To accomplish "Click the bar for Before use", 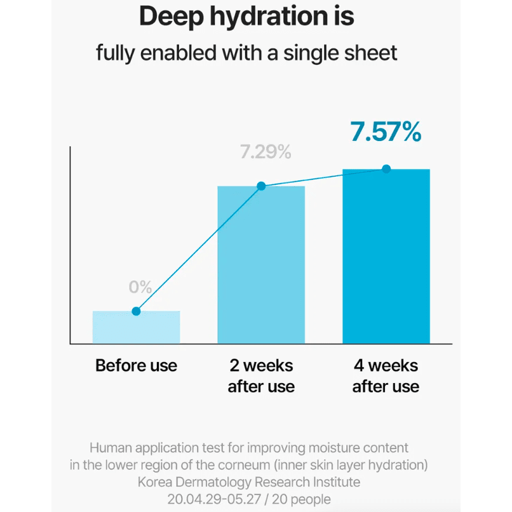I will pyautogui.click(x=136, y=328).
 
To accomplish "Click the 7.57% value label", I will pyautogui.click(x=386, y=131).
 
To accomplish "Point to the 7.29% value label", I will pyautogui.click(x=265, y=152).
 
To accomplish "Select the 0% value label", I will pyautogui.click(x=140, y=287).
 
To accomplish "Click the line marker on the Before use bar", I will pyautogui.click(x=136, y=311).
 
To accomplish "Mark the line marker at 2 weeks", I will pyautogui.click(x=261, y=186).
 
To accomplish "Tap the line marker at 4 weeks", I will pyautogui.click(x=386, y=169).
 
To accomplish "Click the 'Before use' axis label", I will pyautogui.click(x=136, y=366).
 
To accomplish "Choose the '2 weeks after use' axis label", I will pyautogui.click(x=261, y=376).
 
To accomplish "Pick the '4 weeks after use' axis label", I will pyautogui.click(x=386, y=376).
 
